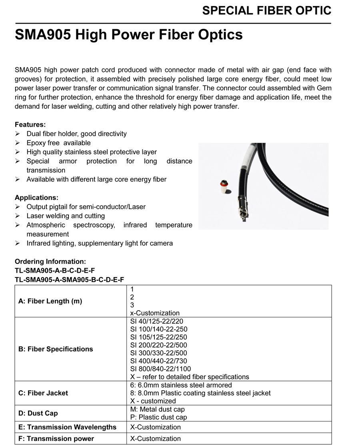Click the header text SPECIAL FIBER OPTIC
[x=266, y=11]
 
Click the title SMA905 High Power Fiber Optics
[x=128, y=34]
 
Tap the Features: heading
[x=30, y=124]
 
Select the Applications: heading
[x=36, y=198]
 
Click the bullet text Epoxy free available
[x=58, y=143]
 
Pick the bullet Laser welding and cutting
[x=66, y=216]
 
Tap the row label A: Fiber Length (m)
[x=50, y=301]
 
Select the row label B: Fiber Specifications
[x=56, y=349]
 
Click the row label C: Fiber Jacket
[x=43, y=393]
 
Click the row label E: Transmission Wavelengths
[x=68, y=427]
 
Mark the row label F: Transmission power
[x=56, y=439]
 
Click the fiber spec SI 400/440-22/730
[x=158, y=361]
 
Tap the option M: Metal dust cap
[x=158, y=409]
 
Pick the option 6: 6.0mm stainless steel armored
[x=181, y=385]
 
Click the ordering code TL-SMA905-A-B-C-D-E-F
[x=55, y=270]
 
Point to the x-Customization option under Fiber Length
[x=155, y=313]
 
